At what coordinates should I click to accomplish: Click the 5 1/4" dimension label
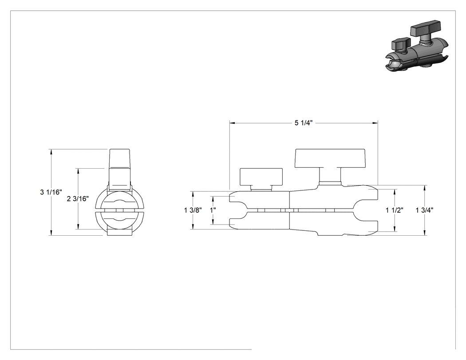click(x=304, y=123)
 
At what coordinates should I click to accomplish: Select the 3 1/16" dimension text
click(x=51, y=192)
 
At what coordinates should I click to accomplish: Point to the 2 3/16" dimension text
click(x=78, y=199)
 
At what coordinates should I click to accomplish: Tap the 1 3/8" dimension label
click(x=193, y=210)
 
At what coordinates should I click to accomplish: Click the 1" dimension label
click(x=213, y=210)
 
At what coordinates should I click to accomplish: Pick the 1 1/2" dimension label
click(x=395, y=210)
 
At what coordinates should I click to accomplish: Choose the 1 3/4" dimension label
click(x=424, y=210)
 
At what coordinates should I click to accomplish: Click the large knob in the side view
click(x=330, y=158)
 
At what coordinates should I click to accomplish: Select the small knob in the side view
click(x=261, y=177)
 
